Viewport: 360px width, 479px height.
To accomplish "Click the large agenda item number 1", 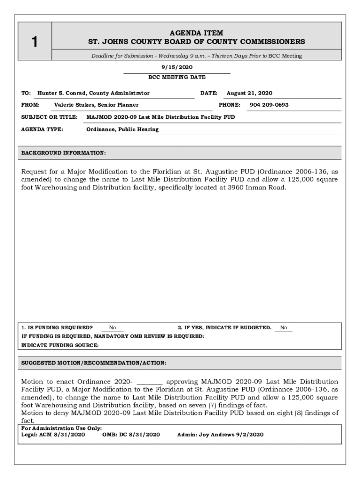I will [34, 42].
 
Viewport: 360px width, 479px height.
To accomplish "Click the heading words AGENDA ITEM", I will [196, 33].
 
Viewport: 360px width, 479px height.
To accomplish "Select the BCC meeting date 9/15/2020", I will [177, 67].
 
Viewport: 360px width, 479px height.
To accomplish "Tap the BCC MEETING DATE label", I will [177, 77].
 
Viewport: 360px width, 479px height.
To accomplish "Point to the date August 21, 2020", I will [249, 93].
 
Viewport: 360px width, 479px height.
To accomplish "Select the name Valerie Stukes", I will [74, 105].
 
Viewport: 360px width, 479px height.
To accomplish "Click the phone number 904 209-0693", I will [269, 105].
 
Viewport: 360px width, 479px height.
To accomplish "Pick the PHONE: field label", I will [230, 105].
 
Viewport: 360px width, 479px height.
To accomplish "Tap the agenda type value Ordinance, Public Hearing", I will [122, 129].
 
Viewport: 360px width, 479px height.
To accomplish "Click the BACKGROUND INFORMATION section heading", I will [64, 153].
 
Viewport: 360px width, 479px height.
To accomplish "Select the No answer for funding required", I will [113, 328].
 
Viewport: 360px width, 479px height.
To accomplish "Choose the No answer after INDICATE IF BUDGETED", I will [284, 328].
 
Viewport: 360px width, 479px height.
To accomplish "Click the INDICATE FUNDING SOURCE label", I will [60, 345].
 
